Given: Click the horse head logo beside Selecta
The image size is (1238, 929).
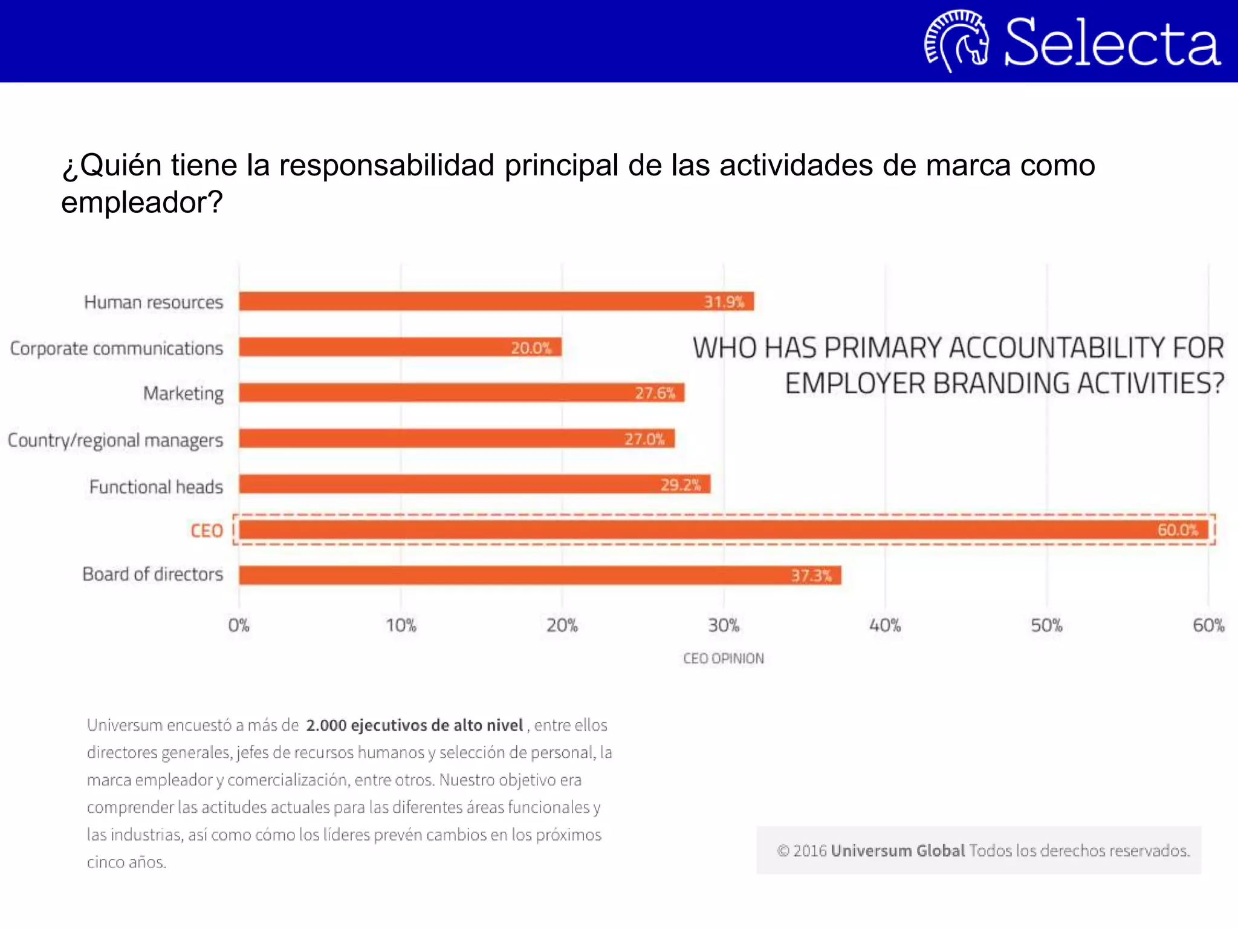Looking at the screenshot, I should [957, 41].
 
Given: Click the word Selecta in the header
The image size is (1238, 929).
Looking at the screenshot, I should [1112, 42].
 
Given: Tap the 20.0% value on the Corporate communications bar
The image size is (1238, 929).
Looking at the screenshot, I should [531, 348].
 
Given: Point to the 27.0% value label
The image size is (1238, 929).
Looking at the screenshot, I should [644, 438].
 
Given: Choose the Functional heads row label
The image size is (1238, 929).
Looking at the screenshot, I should [156, 487].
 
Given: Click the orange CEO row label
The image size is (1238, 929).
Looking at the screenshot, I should [207, 530].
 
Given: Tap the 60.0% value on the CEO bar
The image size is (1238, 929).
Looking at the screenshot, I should [1178, 530].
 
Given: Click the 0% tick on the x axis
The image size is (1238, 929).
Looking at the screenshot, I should [239, 625].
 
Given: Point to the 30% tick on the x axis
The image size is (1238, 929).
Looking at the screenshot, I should [724, 625].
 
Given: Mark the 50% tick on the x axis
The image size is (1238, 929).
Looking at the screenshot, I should [1046, 625].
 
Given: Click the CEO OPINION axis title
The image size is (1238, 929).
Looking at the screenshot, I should [724, 658].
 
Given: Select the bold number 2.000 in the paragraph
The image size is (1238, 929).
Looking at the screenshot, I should [326, 725].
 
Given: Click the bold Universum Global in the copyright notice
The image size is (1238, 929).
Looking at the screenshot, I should [898, 850].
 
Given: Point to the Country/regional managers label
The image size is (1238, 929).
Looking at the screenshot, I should [115, 440].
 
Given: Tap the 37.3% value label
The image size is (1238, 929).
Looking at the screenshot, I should [811, 575].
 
